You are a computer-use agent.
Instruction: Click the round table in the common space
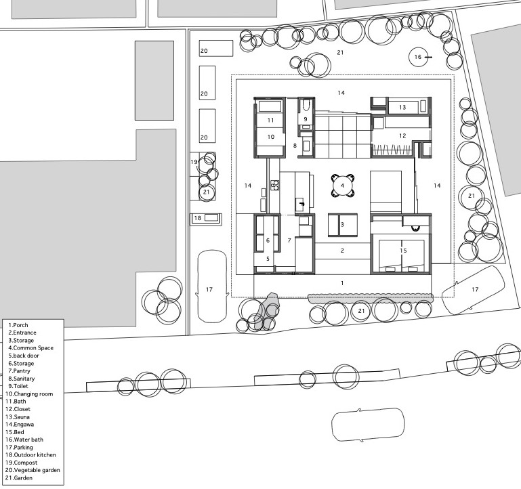click(x=342, y=186)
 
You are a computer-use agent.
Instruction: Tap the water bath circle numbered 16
click(x=417, y=57)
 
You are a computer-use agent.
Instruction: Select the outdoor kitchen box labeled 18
click(x=206, y=219)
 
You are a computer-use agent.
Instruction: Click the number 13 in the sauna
click(x=402, y=107)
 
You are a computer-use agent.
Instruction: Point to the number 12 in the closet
click(x=402, y=135)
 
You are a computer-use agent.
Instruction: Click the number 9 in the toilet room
click(x=306, y=119)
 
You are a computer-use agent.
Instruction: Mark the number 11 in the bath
click(x=270, y=121)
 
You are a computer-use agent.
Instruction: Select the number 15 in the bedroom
click(x=403, y=251)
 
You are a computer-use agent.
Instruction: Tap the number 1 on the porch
click(x=342, y=283)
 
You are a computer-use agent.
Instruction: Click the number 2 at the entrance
click(x=342, y=251)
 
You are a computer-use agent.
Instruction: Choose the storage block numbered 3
click(x=343, y=225)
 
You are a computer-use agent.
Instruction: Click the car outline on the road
click(x=369, y=425)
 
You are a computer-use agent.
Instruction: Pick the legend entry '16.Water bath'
click(x=24, y=440)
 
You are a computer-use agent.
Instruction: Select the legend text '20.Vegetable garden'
click(x=33, y=470)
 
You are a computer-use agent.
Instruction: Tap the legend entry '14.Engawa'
click(x=20, y=424)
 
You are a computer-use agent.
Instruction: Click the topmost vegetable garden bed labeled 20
click(x=216, y=49)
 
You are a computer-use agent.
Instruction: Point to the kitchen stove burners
click(x=275, y=185)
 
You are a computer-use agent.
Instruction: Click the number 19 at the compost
click(x=194, y=162)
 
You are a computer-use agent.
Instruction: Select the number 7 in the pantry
click(x=289, y=240)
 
